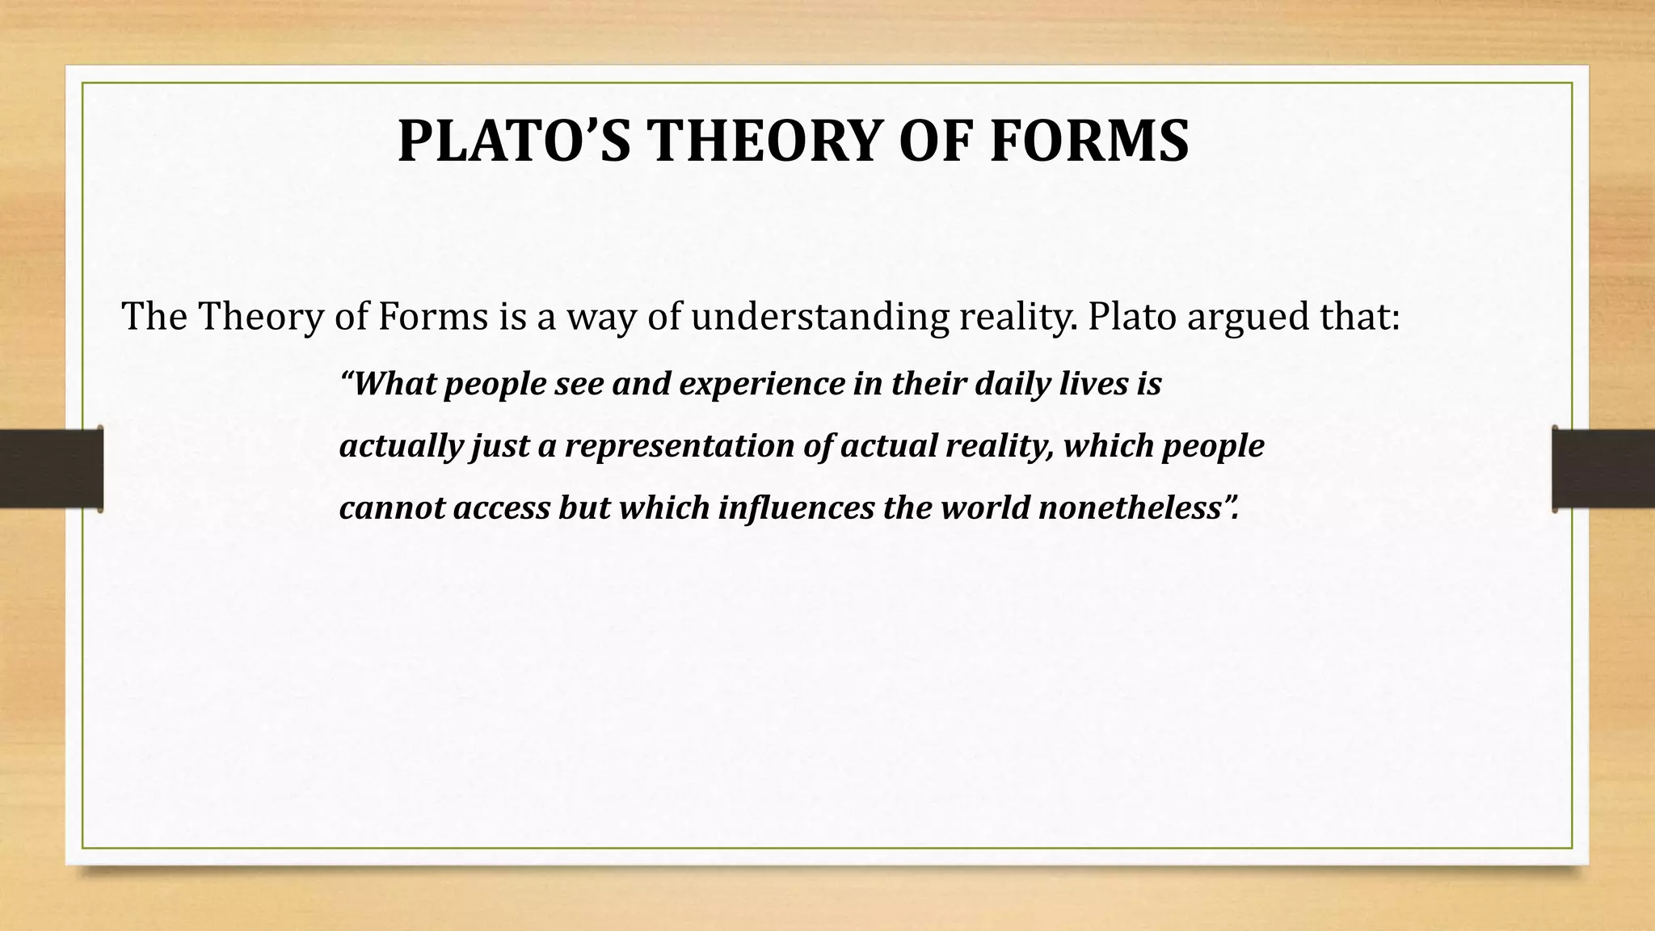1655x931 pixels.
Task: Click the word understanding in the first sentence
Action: tap(819, 317)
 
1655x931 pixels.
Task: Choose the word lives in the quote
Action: tap(1094, 383)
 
